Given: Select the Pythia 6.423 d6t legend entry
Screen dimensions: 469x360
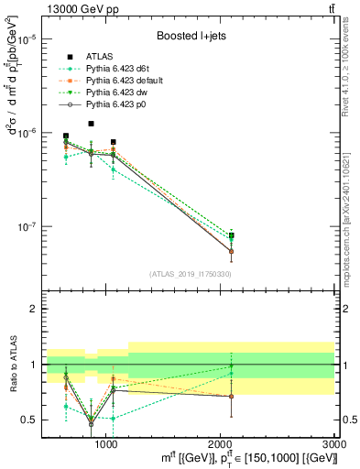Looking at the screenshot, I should tap(112, 68).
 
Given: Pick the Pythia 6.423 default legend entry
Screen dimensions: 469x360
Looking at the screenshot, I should tap(117, 81).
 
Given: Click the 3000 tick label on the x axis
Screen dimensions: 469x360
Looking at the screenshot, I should tap(334, 444).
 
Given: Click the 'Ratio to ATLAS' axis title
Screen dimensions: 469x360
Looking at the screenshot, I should tap(12, 364).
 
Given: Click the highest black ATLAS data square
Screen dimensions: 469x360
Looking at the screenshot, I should tap(90, 124).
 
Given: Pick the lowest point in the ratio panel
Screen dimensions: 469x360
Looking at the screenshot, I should tap(90, 423).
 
